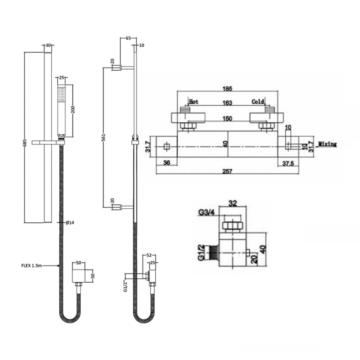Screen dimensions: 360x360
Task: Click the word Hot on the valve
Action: pos(194,102)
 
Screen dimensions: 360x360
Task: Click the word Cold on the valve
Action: pos(257,102)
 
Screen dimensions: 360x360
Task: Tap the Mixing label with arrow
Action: pos(328,144)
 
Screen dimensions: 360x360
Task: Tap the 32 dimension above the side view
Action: pos(233,203)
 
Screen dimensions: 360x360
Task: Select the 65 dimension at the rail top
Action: pos(128,39)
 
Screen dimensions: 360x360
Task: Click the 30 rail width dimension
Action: pos(48,45)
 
